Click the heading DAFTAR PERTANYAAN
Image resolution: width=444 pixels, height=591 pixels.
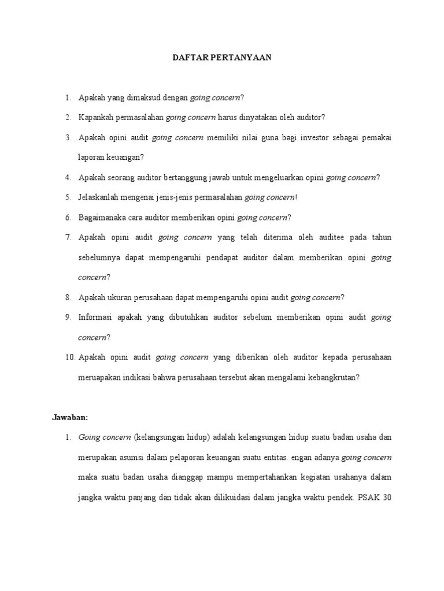[x=222, y=58]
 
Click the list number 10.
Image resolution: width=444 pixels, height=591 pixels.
[x=69, y=357]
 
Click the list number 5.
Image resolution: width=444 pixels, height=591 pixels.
[x=68, y=197]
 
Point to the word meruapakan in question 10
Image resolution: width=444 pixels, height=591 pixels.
[x=101, y=377]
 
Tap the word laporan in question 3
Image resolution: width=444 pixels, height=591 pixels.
[x=92, y=158]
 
